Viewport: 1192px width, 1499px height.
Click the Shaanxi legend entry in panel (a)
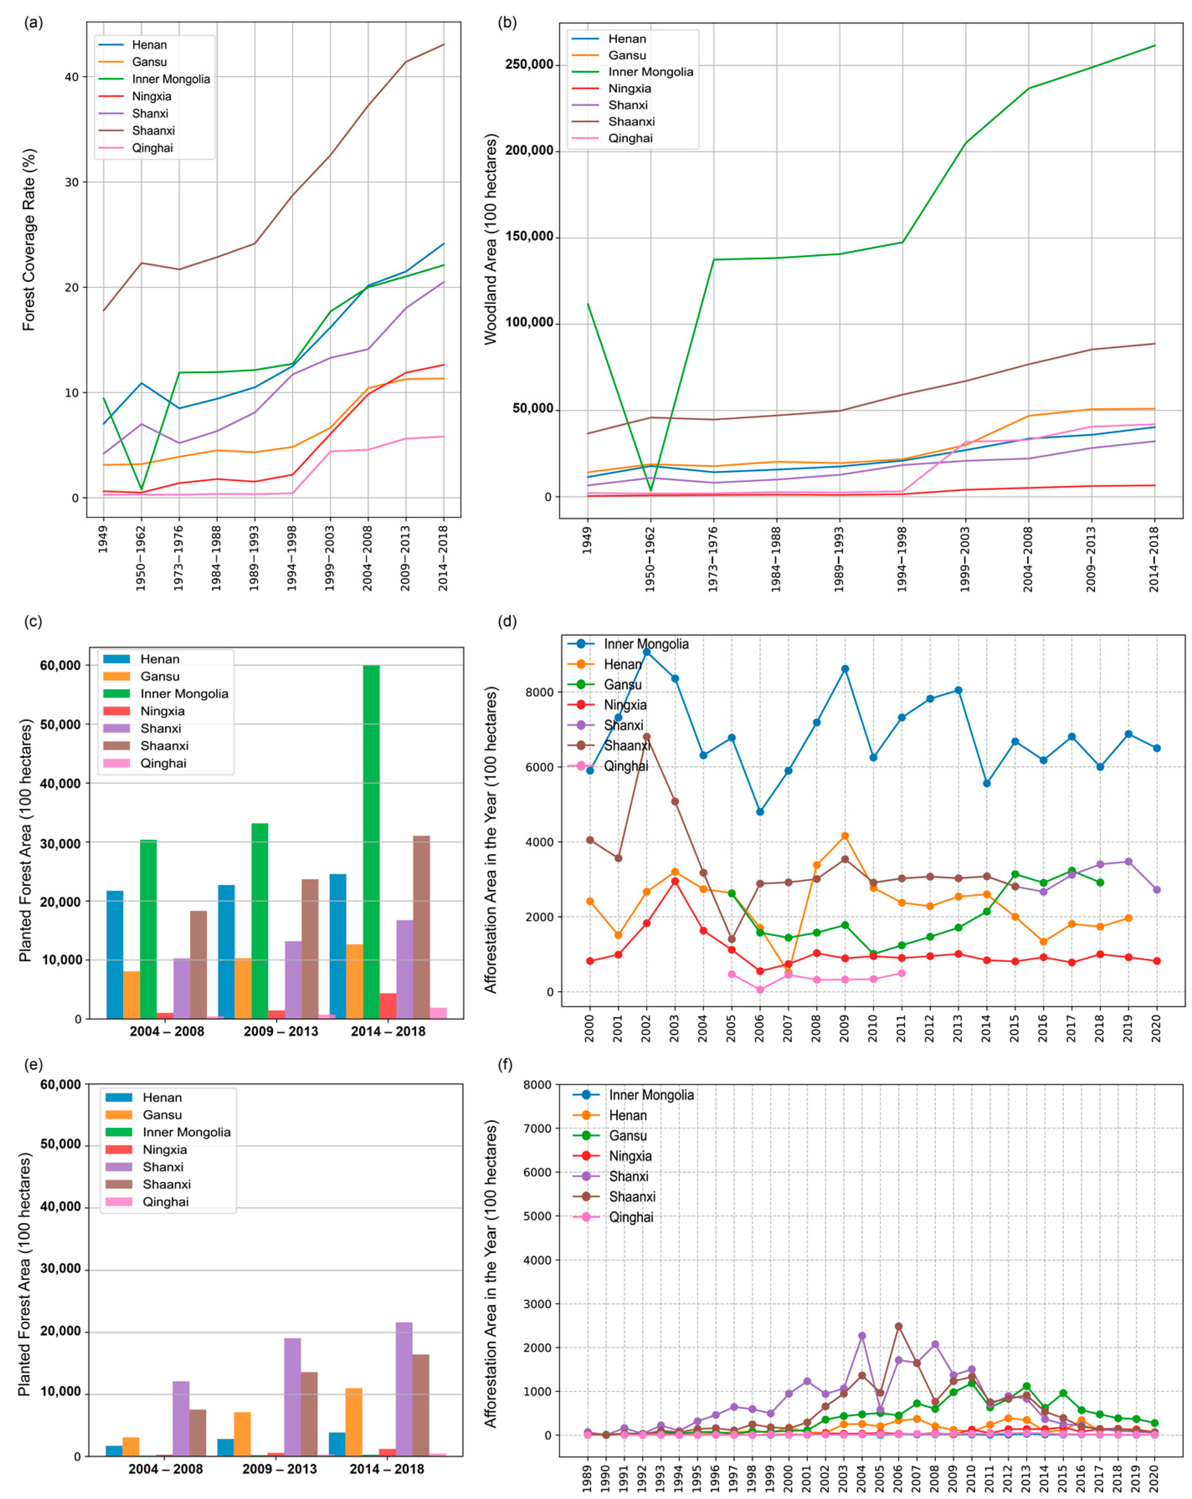(x=153, y=131)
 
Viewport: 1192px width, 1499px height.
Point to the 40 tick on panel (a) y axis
(x=72, y=77)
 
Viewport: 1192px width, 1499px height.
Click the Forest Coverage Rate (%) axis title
(x=28, y=240)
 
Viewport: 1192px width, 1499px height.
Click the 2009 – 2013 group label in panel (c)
(x=280, y=1031)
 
